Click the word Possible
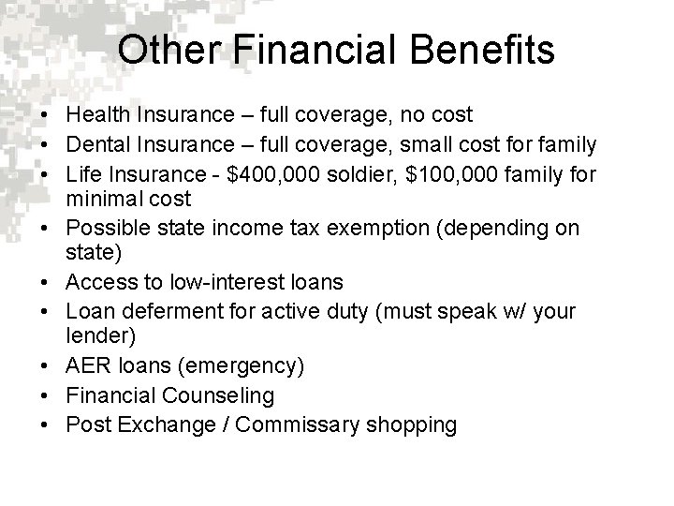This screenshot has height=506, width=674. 104,228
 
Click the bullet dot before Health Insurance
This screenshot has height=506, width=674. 45,115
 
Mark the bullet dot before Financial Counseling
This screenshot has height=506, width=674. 45,396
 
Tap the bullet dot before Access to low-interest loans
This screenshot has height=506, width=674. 45,283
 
